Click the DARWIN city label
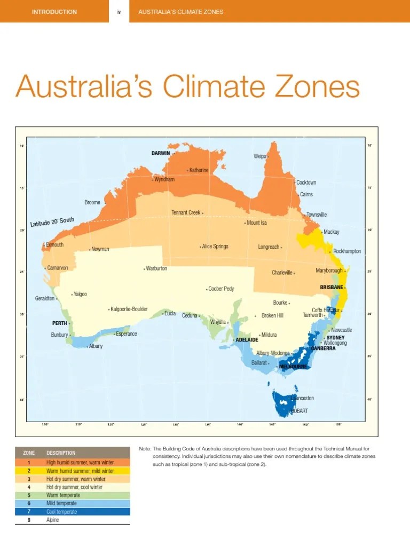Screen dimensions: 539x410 pos(160,153)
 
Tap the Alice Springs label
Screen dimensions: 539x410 pos(215,247)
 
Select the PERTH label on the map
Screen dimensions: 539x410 pos(59,323)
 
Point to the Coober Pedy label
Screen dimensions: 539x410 pos(221,289)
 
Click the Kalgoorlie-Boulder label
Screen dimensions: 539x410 pos(129,309)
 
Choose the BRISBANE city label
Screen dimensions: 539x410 pos(331,287)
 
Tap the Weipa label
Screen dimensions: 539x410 pos(260,156)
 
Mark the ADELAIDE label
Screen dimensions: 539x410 pos(247,339)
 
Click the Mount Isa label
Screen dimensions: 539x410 pos(257,223)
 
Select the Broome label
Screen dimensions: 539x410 pos(92,203)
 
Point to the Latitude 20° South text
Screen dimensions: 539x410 pos(52,222)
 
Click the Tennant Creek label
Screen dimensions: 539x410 pos(186,212)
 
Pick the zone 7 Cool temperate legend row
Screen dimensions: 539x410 pos(72,512)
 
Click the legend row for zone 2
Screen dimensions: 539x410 pos(72,471)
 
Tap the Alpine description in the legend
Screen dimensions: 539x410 pos(53,520)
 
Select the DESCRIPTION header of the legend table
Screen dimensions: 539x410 pos(61,453)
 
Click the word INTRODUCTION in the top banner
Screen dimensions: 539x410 pos(54,12)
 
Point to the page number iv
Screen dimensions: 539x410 pos(120,12)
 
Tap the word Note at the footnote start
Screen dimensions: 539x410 pos(144,449)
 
